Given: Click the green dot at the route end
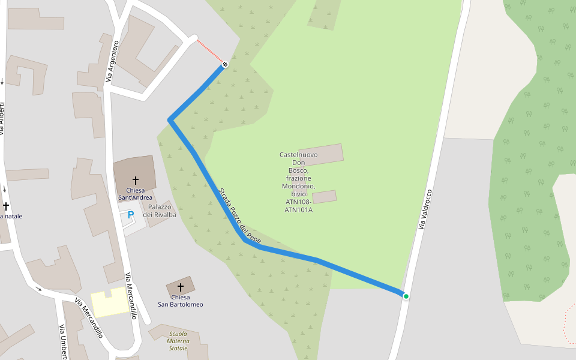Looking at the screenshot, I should [x=406, y=296].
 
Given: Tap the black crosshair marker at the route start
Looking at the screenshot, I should [x=225, y=64].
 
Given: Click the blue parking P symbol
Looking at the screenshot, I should [x=130, y=215].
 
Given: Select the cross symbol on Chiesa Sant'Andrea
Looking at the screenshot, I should [x=136, y=180].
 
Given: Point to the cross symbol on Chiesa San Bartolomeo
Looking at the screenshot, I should [x=180, y=287].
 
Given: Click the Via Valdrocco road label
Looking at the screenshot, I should [x=425, y=209].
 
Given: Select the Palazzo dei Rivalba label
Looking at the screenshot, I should [x=160, y=211].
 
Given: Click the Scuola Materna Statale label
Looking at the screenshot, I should [x=178, y=341].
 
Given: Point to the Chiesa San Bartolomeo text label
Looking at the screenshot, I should [x=180, y=301].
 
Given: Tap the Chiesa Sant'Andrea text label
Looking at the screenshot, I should [x=135, y=194].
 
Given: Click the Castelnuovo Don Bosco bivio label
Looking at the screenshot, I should [x=298, y=182].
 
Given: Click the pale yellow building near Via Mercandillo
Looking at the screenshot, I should [x=110, y=302].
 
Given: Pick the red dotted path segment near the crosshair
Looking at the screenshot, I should [x=210, y=50].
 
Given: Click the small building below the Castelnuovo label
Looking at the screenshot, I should [x=325, y=197].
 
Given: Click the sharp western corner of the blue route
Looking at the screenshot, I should [x=170, y=121].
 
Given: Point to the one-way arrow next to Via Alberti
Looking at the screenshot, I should [x=2, y=82].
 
